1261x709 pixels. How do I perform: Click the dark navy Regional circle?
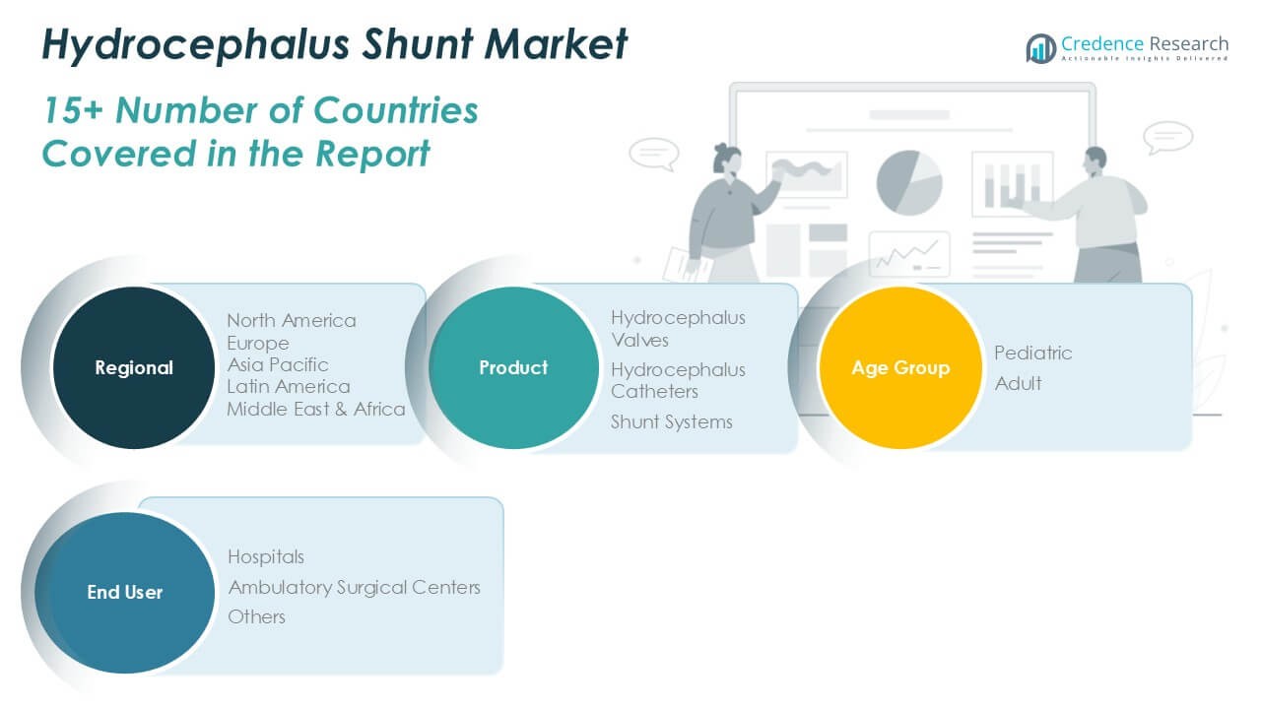tap(133, 367)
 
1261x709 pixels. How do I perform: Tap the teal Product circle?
tap(513, 367)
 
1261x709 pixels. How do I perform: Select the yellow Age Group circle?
tap(899, 367)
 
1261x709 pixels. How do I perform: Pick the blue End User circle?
tap(124, 592)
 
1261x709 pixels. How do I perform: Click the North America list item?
tap(292, 320)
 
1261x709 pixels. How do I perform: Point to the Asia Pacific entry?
tap(278, 364)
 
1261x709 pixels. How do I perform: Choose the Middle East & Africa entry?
tap(316, 409)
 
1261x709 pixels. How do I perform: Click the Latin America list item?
tap(289, 386)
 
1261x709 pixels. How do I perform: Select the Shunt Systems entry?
tap(672, 421)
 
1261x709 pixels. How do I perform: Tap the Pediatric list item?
tap(1033, 353)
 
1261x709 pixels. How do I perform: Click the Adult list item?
tap(1019, 383)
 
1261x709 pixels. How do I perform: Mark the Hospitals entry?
tap(266, 556)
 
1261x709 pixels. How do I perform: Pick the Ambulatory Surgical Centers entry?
tap(355, 587)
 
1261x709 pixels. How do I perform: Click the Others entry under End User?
tap(257, 616)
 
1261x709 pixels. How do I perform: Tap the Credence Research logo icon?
tap(1040, 47)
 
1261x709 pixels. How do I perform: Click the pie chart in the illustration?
tap(908, 182)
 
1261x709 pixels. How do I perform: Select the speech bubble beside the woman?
tap(653, 154)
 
